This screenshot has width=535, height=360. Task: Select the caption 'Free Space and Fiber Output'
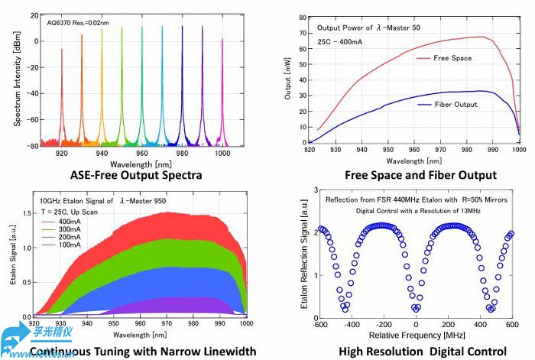coord(410,175)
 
